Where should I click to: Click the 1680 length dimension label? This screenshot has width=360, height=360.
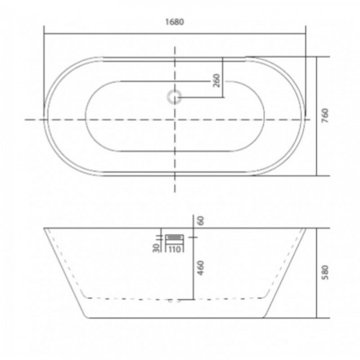175,22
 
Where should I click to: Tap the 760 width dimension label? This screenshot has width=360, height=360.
325,116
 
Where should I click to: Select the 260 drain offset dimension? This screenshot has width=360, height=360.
217,81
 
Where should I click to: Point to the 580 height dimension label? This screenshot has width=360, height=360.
325,272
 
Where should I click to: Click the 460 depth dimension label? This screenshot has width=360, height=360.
201,268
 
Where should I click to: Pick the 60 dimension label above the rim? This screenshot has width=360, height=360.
201,220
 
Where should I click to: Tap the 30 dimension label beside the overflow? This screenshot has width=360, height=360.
156,248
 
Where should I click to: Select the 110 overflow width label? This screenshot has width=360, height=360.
174,249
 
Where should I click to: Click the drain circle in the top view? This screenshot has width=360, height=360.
174,97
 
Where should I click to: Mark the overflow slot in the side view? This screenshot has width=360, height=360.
175,237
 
